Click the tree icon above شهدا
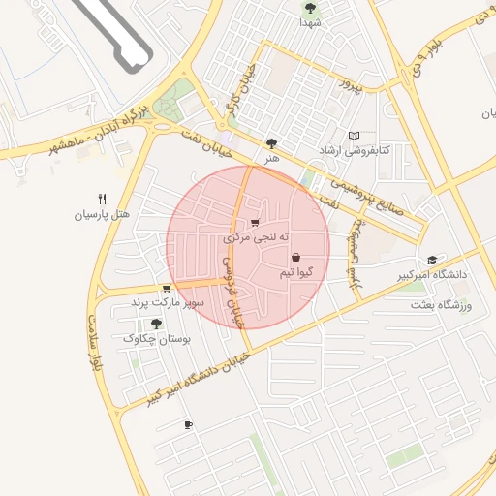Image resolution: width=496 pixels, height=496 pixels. [309, 8]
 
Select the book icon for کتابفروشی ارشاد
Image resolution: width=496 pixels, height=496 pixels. [354, 136]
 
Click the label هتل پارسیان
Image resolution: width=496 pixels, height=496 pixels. [103, 214]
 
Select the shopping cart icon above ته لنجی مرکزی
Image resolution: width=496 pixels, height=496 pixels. [255, 222]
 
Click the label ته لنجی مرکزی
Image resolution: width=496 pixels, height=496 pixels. [251, 236]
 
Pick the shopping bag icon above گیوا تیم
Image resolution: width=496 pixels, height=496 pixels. [295, 258]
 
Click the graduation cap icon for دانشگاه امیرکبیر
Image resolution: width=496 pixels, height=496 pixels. [432, 260]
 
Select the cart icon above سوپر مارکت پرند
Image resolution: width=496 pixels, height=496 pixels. [167, 288]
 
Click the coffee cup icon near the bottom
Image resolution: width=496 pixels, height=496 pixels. [188, 424]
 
